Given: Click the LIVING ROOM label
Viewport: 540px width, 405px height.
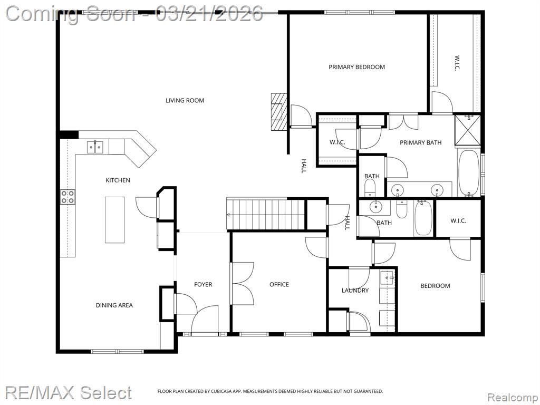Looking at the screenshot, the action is [x=185, y=101].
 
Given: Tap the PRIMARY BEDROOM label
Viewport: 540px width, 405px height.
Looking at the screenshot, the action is [x=357, y=67].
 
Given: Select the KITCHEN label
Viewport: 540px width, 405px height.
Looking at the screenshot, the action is [x=118, y=180].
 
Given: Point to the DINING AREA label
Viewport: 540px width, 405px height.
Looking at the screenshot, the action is [x=114, y=305].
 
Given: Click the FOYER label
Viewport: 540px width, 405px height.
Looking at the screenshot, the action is [x=203, y=284].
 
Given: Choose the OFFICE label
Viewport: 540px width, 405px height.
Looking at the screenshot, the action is [x=279, y=284].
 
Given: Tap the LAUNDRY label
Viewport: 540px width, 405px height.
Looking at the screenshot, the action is [x=355, y=291].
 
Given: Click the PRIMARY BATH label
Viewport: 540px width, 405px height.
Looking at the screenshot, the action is [x=420, y=142].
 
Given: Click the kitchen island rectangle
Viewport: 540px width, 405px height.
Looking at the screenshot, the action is [x=114, y=220].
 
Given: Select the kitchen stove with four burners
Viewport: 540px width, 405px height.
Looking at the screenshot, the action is [x=68, y=197].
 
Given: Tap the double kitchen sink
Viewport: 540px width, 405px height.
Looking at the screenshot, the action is [x=95, y=147].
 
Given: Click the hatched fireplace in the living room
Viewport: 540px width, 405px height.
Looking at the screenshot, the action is [x=278, y=112].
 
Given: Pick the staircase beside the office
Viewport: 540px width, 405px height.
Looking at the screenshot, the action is [x=266, y=214].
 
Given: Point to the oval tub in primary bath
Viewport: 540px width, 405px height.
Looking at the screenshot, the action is [x=468, y=173].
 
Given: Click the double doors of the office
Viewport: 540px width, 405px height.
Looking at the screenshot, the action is [x=243, y=284].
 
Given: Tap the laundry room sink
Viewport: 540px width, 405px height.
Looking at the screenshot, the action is [x=387, y=278].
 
